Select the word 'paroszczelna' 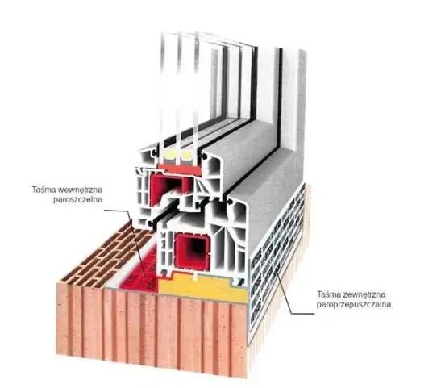tap(77, 200)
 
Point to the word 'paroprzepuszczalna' tap(354, 305)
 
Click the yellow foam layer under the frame tap(202, 290)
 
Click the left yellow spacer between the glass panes tap(171, 154)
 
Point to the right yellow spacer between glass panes tap(187, 154)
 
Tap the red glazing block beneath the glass tap(180, 169)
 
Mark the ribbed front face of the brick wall tap(152, 327)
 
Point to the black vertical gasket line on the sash tap(280, 98)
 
